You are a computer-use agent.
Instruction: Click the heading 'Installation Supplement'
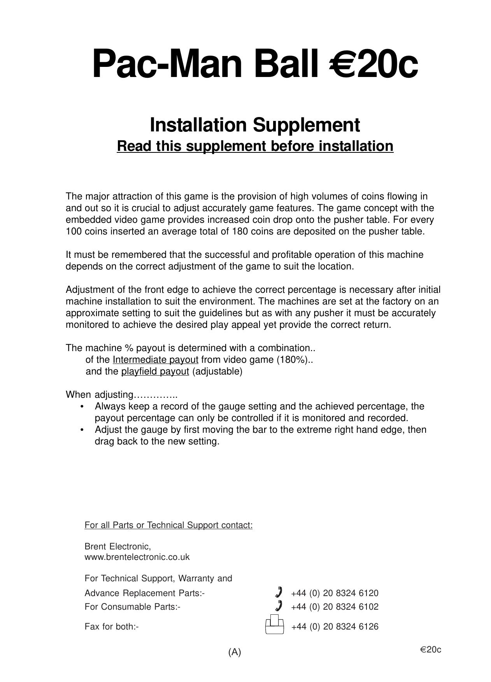point(255,125)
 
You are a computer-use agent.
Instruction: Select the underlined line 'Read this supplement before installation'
point(255,146)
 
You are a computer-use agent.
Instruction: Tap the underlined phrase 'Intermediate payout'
point(155,360)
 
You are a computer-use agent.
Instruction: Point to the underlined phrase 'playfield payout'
point(155,371)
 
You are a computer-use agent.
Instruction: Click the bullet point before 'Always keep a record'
point(82,407)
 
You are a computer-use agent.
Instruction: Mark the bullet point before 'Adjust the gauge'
point(82,430)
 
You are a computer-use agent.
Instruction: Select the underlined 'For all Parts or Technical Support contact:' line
point(168,525)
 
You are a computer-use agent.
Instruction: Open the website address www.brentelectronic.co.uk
point(137,557)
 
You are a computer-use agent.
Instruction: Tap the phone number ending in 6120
point(335,593)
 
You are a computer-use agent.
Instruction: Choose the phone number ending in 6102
point(335,607)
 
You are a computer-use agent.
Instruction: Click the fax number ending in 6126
point(335,627)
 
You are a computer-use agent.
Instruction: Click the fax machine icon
point(274,624)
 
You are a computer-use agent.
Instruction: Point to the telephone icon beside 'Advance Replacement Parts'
point(278,592)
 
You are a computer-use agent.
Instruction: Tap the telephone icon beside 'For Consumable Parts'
point(278,606)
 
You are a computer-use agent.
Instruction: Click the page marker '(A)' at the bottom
point(235,652)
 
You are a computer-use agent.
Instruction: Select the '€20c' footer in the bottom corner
point(430,650)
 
